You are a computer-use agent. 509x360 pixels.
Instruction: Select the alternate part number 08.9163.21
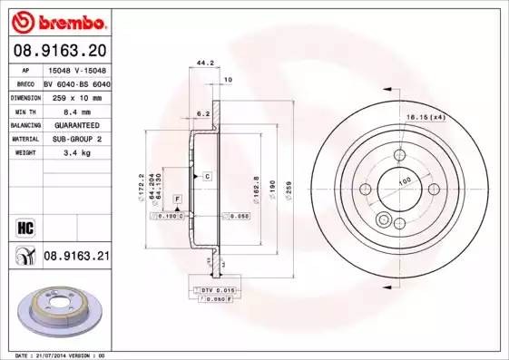(76, 258)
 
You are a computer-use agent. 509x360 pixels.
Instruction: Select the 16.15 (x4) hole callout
(426, 117)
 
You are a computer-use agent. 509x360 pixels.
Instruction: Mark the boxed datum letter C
(207, 175)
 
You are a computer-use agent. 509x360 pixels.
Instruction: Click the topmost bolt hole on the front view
(396, 155)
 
